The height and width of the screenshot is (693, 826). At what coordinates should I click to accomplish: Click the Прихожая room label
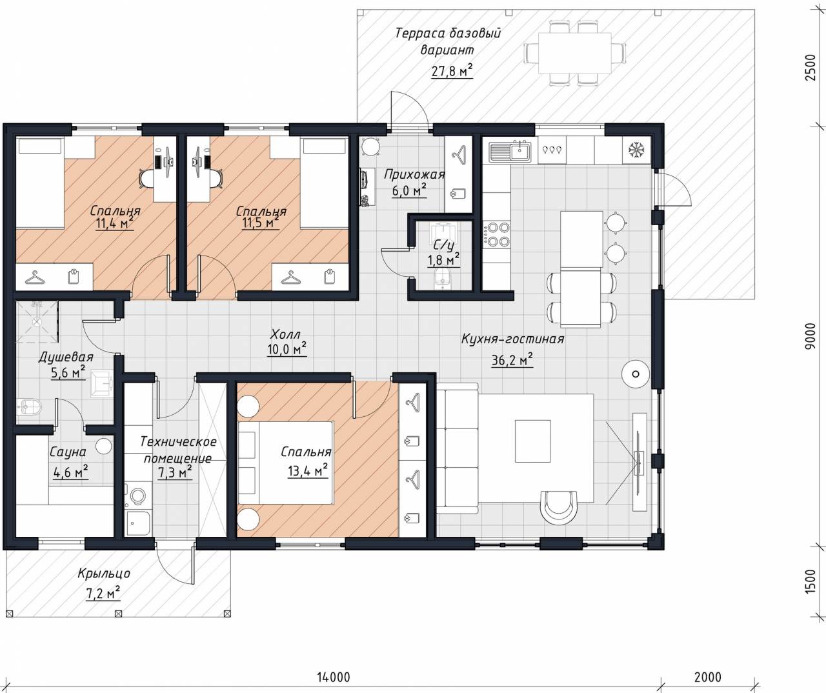click(x=414, y=174)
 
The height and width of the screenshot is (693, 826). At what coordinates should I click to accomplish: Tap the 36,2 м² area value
click(x=512, y=360)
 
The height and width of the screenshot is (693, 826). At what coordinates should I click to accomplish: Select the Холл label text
click(x=285, y=335)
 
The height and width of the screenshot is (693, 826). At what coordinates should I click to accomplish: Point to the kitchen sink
click(x=512, y=152)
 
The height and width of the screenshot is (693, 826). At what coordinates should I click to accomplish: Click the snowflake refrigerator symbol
click(x=636, y=150)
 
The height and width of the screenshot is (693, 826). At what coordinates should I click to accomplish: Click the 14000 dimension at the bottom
click(x=334, y=677)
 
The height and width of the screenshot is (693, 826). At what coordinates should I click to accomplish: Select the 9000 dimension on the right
click(x=809, y=336)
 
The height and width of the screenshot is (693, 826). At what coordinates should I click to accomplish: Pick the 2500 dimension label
click(x=809, y=67)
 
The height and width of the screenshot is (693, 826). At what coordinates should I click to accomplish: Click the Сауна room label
click(x=68, y=452)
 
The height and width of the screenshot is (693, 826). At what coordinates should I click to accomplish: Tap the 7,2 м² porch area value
click(x=103, y=594)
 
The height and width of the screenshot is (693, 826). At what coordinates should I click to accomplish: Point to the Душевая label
click(x=66, y=357)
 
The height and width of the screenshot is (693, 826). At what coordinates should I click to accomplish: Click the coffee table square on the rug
click(x=532, y=441)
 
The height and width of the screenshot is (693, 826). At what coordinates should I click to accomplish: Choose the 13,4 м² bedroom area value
click(x=308, y=470)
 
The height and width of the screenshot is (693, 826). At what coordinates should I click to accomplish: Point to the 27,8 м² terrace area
click(x=452, y=71)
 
